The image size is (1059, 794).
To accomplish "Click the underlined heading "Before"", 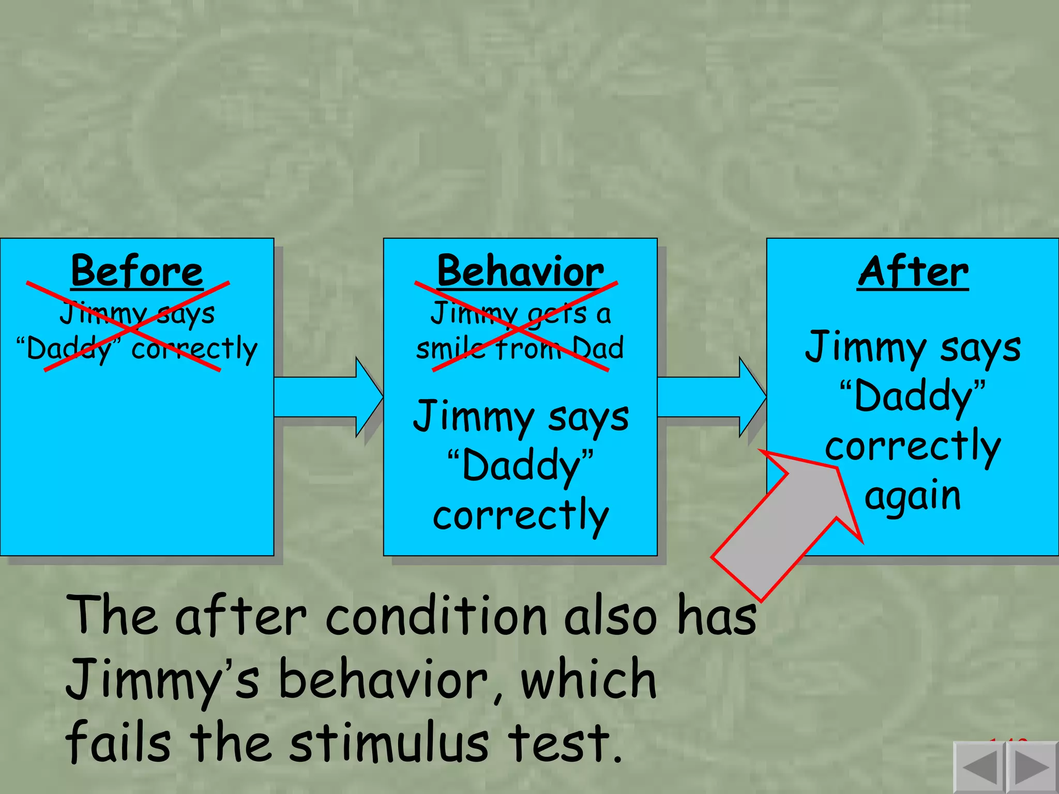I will click(137, 271).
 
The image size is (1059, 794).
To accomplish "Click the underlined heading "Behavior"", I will click(520, 271).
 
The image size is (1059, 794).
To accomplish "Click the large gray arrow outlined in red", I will click(786, 522).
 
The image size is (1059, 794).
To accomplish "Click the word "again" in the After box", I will click(913, 496).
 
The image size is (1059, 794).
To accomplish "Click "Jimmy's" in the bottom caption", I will click(163, 681).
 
